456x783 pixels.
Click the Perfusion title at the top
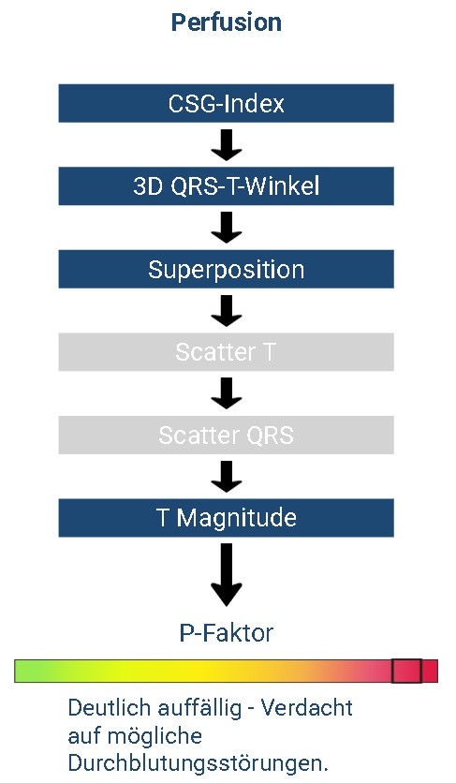point(227,22)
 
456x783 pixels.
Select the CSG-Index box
point(227,103)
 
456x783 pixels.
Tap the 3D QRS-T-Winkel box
point(227,186)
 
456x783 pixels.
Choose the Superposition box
point(227,269)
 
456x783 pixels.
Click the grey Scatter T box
point(227,352)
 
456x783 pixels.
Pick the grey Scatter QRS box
point(227,435)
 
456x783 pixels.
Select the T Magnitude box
point(227,518)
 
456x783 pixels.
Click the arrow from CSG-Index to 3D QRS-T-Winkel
point(227,145)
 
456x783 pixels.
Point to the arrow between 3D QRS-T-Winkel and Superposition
point(227,228)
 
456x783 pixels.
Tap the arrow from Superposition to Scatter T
point(227,311)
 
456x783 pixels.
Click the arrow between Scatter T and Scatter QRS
point(227,393)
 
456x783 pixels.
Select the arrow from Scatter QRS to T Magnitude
point(227,477)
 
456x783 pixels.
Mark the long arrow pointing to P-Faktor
point(227,575)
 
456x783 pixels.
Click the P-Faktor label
point(227,633)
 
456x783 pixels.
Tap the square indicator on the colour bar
point(406,671)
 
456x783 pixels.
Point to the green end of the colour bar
point(22,671)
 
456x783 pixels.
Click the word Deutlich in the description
point(109,707)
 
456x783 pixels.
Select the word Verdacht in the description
point(307,707)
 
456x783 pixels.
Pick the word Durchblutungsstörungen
point(199,763)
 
